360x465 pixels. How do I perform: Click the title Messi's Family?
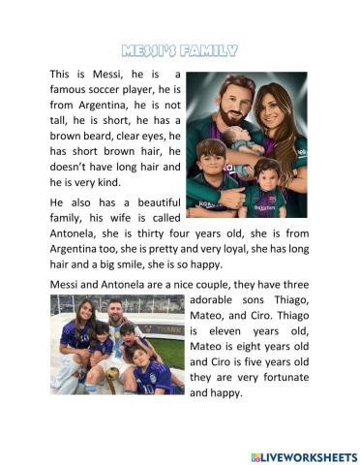180,48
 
